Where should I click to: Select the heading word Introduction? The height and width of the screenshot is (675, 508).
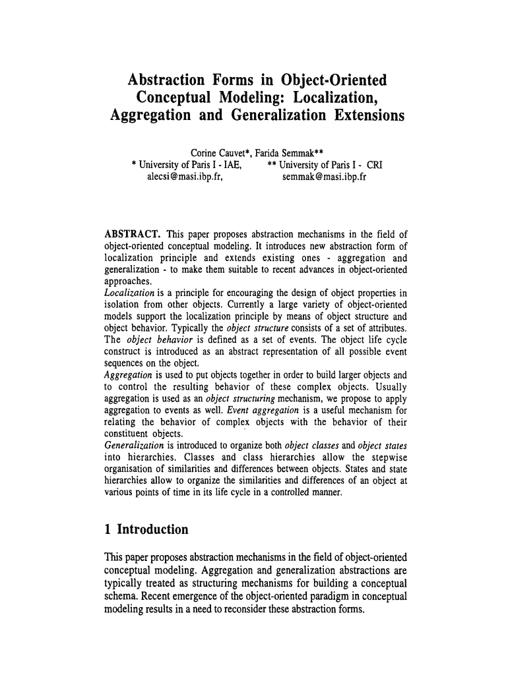coord(152,529)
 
